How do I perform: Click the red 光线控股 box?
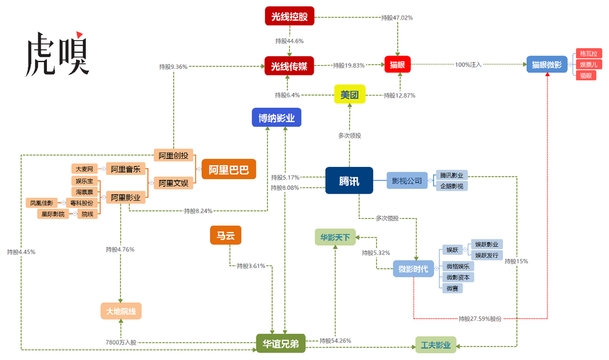[x=289, y=16]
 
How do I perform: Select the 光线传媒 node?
[x=289, y=66]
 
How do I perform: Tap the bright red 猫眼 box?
[x=397, y=65]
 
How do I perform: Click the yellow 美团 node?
[x=350, y=94]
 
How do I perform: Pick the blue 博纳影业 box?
[x=276, y=118]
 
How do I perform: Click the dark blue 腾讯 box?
[x=349, y=180]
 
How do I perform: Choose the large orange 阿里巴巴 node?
[x=229, y=169]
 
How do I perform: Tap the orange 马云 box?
[x=226, y=235]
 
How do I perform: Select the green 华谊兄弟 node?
[x=281, y=344]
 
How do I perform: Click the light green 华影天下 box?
[x=335, y=238]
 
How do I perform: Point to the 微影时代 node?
[x=414, y=269]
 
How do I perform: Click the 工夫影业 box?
[x=436, y=345]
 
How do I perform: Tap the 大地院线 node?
[x=121, y=311]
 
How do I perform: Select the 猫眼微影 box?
[x=547, y=65]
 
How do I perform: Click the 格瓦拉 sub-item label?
[x=589, y=54]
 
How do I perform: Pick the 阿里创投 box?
[x=173, y=156]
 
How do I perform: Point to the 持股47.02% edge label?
[x=397, y=18]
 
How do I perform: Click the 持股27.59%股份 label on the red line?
[x=480, y=319]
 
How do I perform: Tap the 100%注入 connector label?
[x=468, y=65]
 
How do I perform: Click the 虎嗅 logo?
[x=57, y=54]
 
